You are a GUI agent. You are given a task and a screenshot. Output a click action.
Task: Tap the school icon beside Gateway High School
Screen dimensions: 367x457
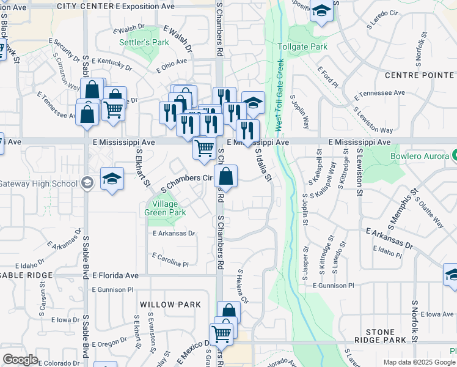111,179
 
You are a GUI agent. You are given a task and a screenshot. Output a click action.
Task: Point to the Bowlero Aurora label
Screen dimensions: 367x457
422,156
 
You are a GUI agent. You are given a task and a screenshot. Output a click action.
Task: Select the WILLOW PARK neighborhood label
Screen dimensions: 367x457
170,304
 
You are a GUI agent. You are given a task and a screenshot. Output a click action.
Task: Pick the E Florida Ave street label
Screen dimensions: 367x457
115,276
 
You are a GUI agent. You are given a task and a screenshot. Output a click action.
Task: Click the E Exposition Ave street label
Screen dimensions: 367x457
144,6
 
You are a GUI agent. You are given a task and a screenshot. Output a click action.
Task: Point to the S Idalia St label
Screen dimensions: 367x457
263,165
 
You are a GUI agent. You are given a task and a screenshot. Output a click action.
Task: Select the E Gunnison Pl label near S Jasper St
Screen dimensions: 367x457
333,286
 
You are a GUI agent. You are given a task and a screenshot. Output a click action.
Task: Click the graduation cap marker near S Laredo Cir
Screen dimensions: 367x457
321,12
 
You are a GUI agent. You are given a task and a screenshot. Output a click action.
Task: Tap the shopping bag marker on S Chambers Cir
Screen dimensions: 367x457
225,177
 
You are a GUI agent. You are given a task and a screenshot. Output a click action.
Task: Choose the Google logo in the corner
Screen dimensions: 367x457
20,360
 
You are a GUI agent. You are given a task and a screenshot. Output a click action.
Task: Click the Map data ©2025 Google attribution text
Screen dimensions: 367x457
419,362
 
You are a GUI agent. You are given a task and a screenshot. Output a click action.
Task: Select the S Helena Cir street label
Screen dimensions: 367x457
243,287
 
